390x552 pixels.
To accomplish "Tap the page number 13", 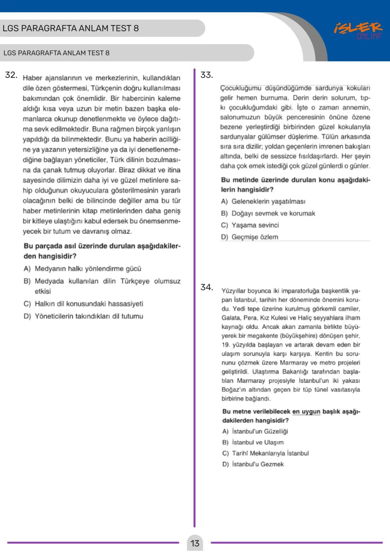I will pos(195,543).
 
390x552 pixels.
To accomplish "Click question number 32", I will pos(11,75).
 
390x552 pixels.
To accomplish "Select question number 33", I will pos(207,75).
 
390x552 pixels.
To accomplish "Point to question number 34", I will pos(207,287).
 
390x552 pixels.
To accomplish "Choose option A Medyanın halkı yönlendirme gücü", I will pos(82,269).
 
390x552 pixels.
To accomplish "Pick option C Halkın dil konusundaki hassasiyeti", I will pos(83,304).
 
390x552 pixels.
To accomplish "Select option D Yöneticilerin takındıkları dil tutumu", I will pos(83,316).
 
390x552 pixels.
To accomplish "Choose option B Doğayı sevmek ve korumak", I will pos(268,213).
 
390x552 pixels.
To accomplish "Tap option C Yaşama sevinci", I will pos(250,225).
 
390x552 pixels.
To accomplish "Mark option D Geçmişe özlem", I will pos(250,237).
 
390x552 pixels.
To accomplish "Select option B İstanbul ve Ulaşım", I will pos(253,442).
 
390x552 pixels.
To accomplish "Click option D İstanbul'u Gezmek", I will pos(253,464).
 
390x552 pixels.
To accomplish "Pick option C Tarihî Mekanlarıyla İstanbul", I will pos(265,453).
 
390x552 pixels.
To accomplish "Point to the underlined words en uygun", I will pos(306,412).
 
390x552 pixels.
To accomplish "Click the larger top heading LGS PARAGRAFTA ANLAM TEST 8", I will pos(70,28).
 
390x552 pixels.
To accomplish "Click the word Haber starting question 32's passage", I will pos(32,78).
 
